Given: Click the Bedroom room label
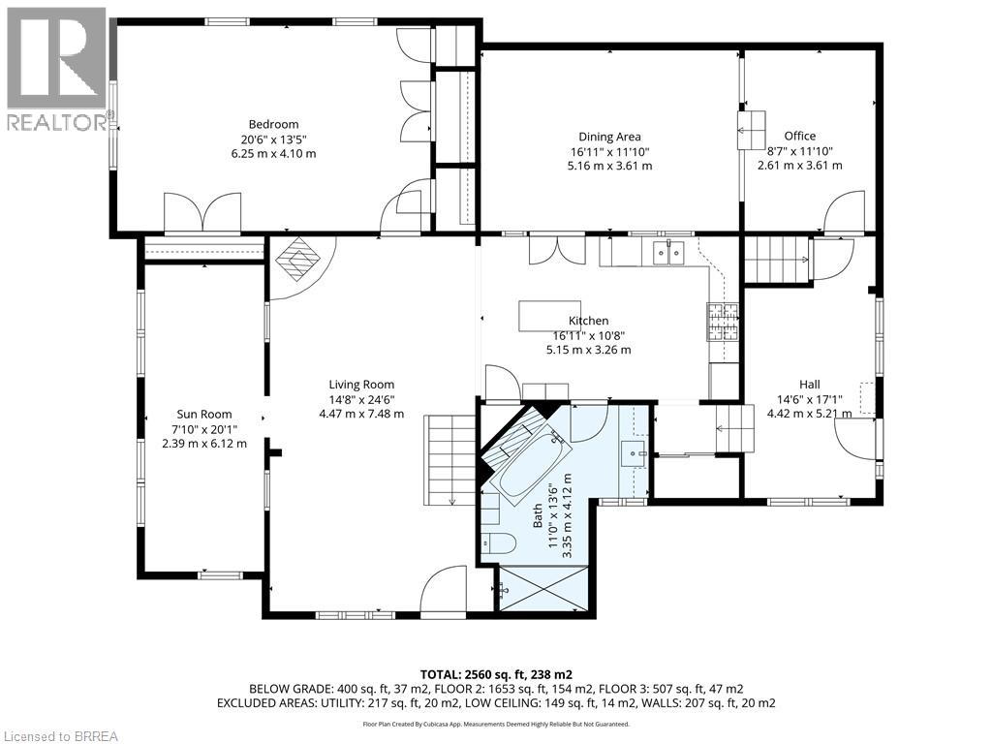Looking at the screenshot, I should tap(273, 124).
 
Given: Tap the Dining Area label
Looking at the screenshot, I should tap(609, 137).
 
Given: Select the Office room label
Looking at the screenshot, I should tap(800, 136).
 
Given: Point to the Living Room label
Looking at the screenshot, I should tap(360, 385).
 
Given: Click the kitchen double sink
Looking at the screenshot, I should tap(667, 253).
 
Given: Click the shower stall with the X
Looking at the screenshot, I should tap(542, 587).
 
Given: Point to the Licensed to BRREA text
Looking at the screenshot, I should tap(60, 735).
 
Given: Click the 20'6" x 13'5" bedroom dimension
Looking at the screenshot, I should tap(273, 139).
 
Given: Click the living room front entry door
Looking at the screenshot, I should tap(445, 591).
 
